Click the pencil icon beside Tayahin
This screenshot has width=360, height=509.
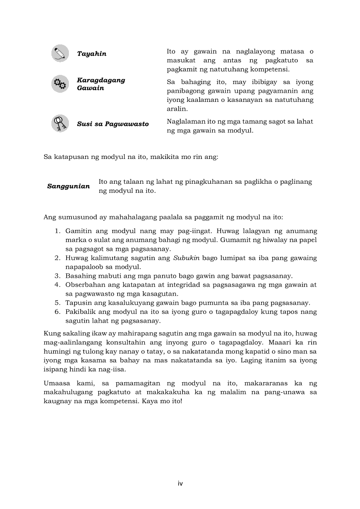coord(60,54)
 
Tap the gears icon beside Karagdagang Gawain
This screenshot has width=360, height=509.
coord(60,84)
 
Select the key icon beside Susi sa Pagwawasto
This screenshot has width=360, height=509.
coord(60,123)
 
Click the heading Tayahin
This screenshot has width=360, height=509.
coord(92,54)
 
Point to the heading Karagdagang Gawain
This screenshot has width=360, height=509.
coord(101,84)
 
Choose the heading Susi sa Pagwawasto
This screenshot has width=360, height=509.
coord(112,124)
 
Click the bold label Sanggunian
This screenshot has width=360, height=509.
coord(68,186)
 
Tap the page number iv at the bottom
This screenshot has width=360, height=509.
coord(180,483)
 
